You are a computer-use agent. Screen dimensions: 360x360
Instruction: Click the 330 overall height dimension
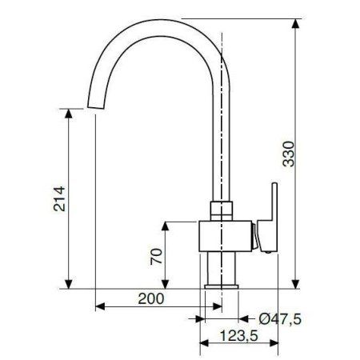pos(288,154)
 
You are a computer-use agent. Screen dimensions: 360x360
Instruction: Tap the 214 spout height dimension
pos(59,199)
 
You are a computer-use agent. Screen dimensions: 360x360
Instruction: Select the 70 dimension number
pos(156,257)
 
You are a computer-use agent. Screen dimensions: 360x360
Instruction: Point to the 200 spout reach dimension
pos(151,298)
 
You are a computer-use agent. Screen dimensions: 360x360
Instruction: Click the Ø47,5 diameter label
pos(280,319)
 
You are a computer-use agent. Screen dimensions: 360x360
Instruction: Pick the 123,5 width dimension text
pos(239,335)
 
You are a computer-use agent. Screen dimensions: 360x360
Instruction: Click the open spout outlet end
pos(96,108)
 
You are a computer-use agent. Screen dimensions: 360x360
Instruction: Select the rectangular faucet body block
pos(226,236)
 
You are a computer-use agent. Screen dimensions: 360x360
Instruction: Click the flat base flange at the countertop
pos(222,287)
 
